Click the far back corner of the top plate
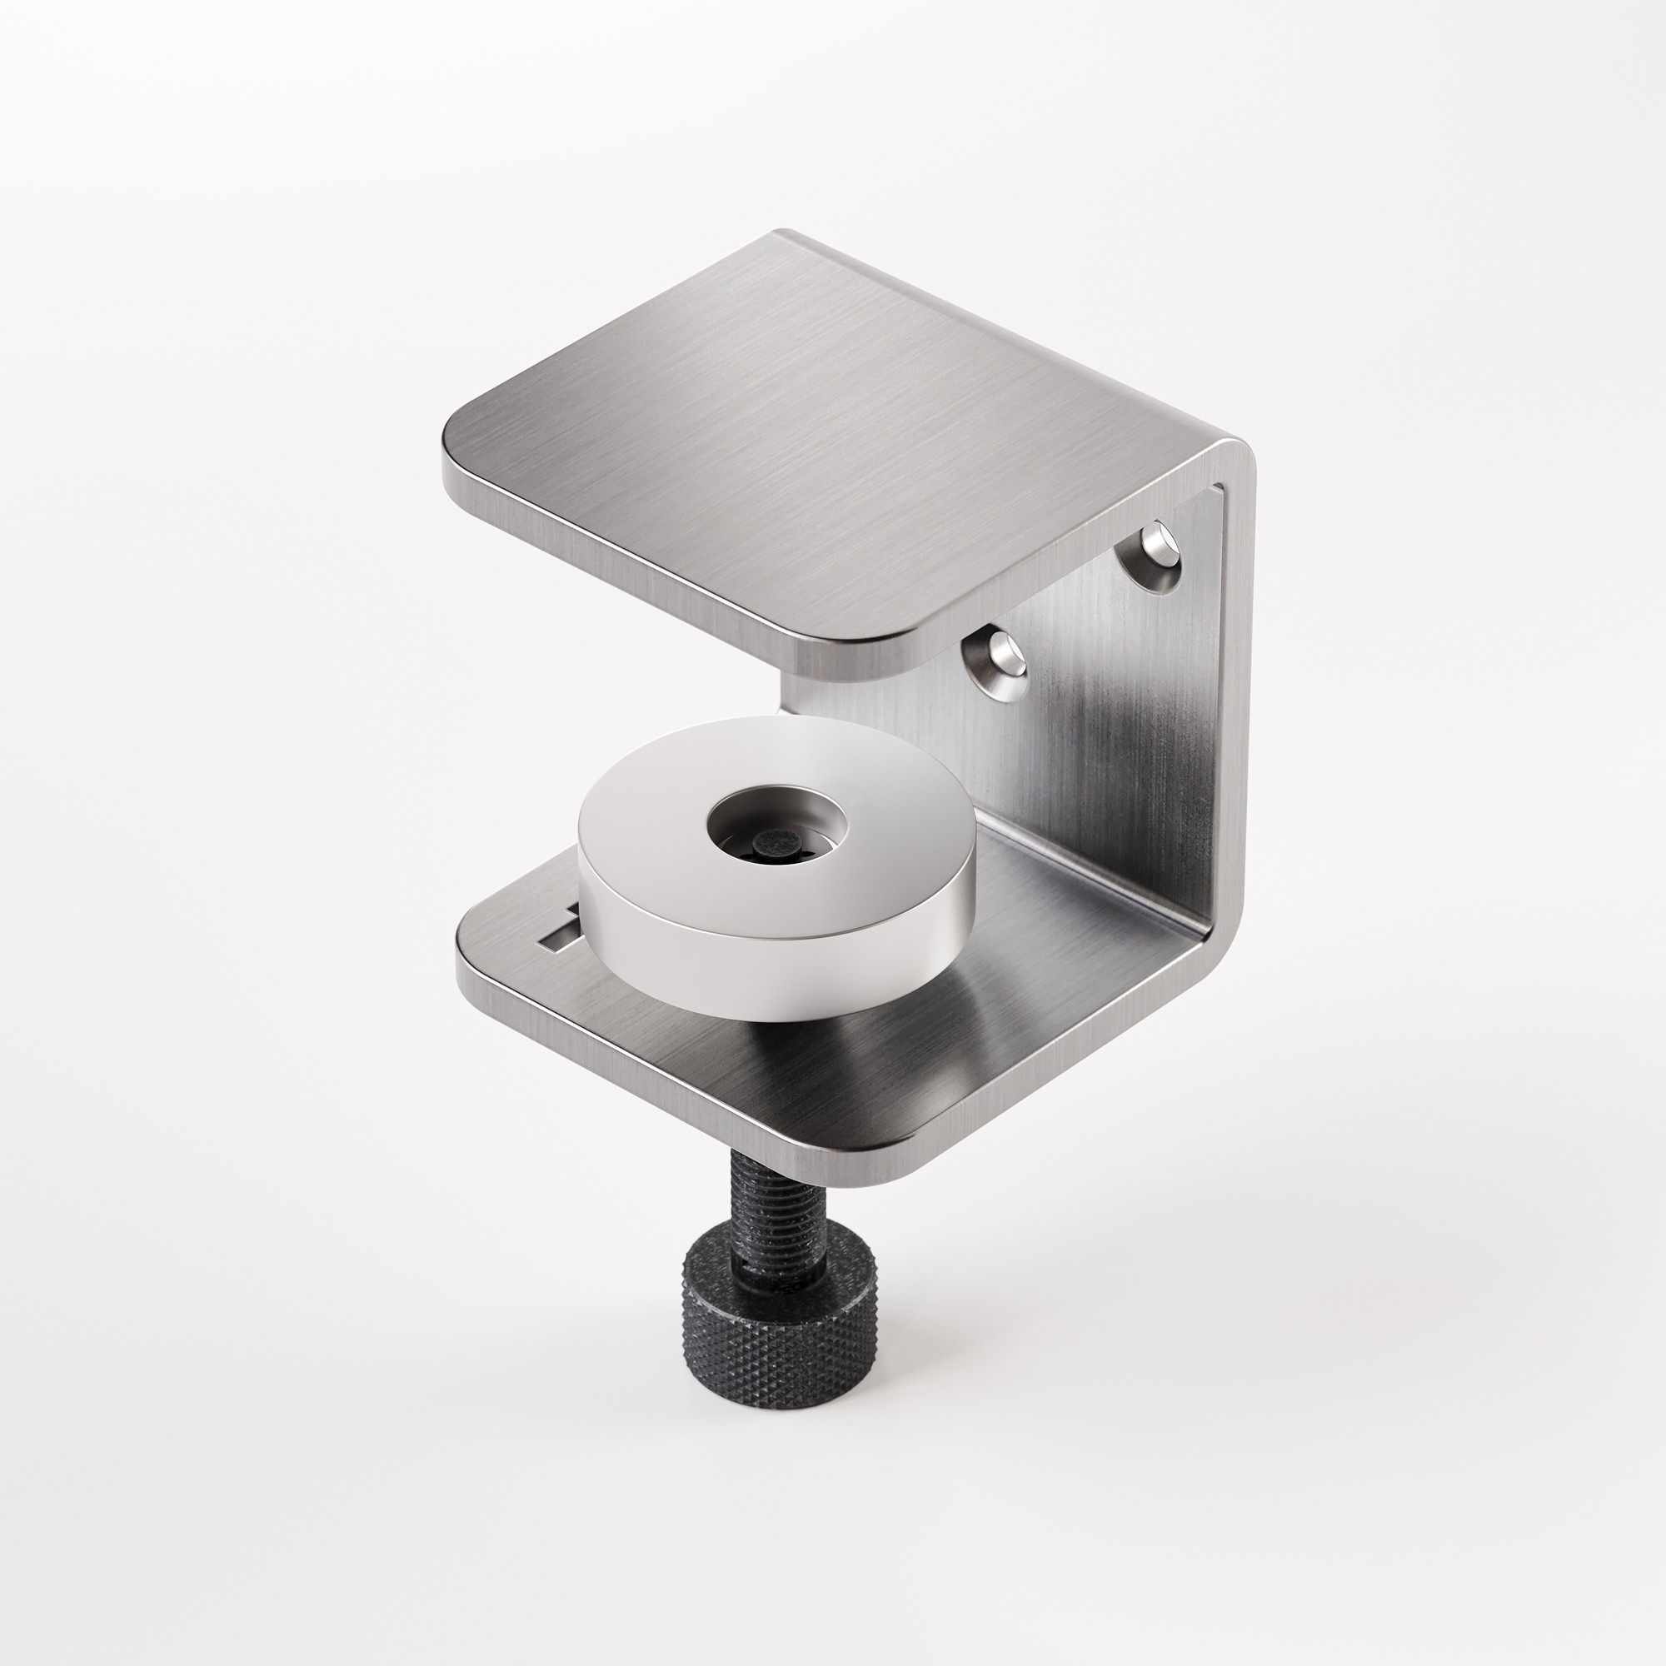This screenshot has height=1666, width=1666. coord(785,235)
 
